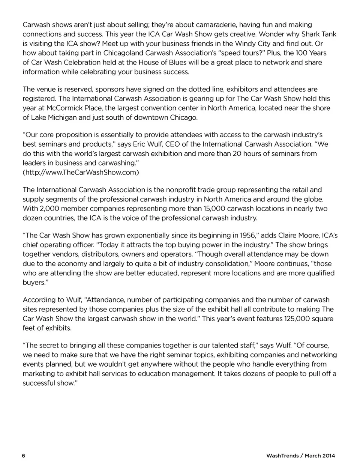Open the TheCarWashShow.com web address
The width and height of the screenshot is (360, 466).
(x=81, y=172)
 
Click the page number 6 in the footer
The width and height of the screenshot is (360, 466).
(x=24, y=456)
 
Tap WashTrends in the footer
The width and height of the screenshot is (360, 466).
(x=282, y=456)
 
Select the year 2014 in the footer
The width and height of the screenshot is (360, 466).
(x=328, y=456)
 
